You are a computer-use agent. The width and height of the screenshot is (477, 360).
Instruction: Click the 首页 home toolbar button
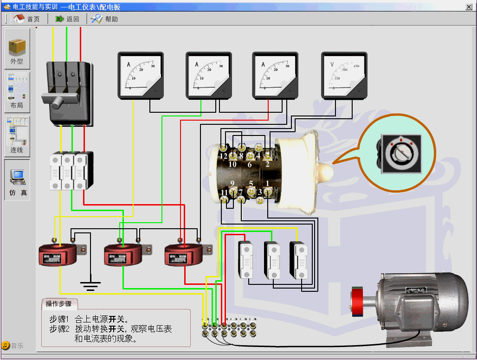(26, 19)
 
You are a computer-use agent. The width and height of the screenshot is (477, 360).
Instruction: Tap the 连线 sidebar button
(17, 137)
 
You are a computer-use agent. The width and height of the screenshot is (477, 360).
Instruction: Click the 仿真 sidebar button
(17, 180)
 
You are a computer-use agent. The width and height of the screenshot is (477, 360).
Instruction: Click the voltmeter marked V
(344, 75)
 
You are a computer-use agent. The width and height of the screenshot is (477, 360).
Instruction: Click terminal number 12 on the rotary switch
(224, 156)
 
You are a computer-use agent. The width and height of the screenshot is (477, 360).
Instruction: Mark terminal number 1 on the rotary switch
(267, 184)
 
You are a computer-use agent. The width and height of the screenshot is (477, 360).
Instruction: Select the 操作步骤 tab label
(58, 304)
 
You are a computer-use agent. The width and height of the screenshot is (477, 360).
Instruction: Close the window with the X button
(469, 6)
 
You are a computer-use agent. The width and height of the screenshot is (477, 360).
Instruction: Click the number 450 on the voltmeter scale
(356, 66)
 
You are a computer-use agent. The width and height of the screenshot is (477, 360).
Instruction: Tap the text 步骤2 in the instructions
(59, 329)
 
